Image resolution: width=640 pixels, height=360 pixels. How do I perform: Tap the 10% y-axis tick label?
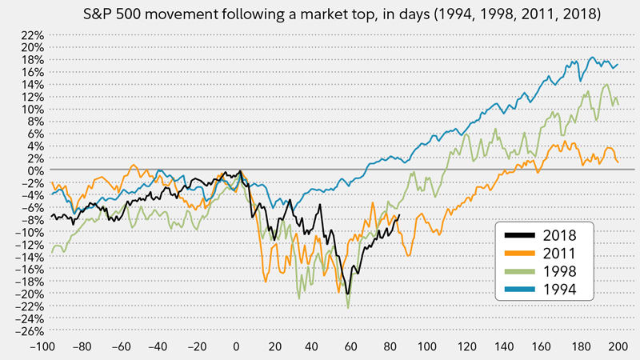coord(24,109)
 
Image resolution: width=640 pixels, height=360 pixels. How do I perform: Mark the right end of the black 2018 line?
coord(398,215)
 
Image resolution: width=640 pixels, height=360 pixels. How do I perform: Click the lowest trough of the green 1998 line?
coord(348,308)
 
